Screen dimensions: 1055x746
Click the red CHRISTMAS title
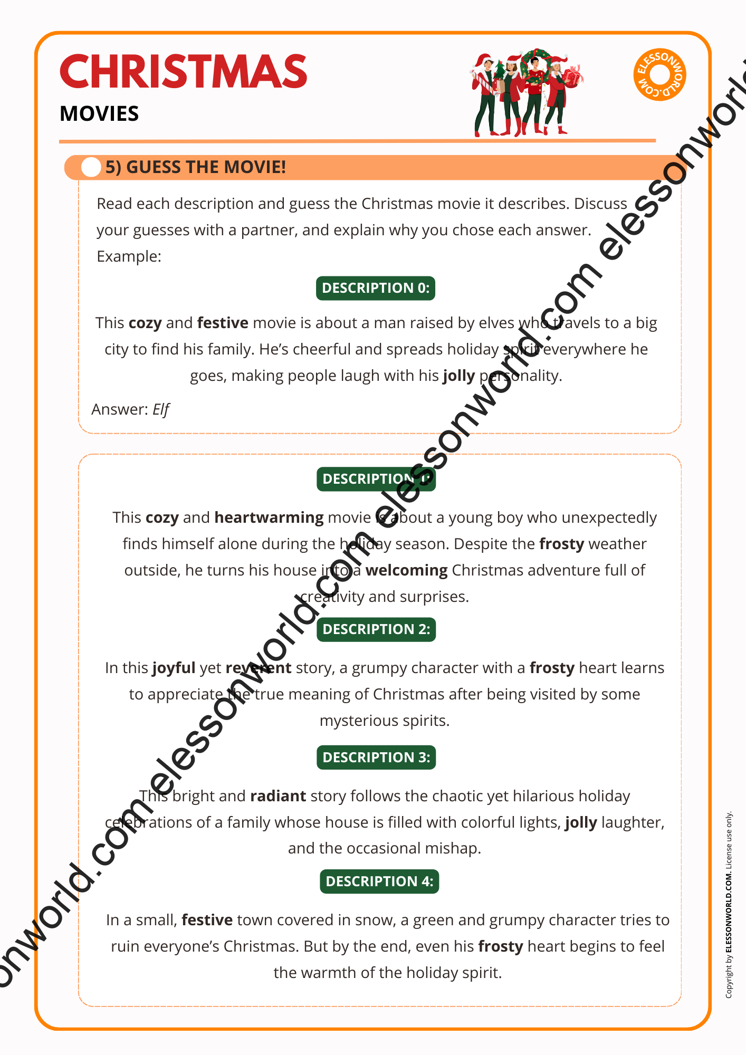[184, 72]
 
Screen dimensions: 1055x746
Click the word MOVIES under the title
[99, 114]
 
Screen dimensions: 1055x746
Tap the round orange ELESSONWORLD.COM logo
[659, 75]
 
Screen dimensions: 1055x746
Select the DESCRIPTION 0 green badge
[376, 288]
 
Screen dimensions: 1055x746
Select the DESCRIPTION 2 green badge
[376, 629]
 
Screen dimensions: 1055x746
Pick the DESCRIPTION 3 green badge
[376, 757]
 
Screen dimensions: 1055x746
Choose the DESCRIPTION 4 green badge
[379, 881]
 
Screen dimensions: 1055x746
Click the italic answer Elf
[161, 409]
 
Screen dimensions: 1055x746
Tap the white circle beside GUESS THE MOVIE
[91, 167]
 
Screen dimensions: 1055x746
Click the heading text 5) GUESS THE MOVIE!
[196, 167]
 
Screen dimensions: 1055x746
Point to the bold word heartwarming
[269, 517]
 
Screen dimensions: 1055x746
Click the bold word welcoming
[406, 570]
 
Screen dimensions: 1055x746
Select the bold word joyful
[174, 668]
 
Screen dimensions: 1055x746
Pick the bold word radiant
[278, 796]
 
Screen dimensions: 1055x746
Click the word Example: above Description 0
[129, 256]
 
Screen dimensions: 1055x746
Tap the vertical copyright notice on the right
[729, 904]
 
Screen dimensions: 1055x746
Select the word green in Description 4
[433, 920]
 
